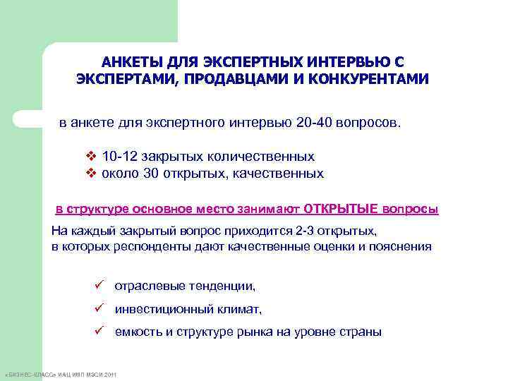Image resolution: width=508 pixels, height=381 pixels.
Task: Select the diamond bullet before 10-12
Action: [x=90, y=156]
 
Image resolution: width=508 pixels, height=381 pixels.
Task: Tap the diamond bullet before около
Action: [x=90, y=173]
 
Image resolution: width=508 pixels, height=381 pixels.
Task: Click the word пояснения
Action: [x=403, y=246]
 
